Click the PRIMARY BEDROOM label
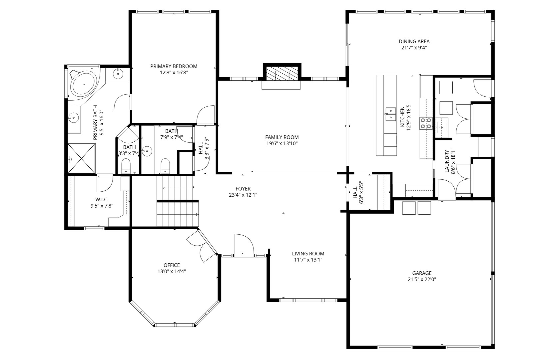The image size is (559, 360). (x=174, y=66)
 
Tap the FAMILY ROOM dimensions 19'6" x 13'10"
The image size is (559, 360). (x=282, y=144)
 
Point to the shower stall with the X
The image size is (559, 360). (x=81, y=158)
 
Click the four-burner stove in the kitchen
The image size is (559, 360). (x=426, y=124)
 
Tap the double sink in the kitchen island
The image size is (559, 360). (x=390, y=114)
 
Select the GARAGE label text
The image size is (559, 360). (x=422, y=273)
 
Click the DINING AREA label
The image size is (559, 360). (x=414, y=41)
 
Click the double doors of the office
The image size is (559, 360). (x=202, y=246)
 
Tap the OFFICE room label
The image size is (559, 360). (x=172, y=265)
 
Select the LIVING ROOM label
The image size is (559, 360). (x=308, y=254)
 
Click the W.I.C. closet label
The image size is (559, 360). (x=102, y=199)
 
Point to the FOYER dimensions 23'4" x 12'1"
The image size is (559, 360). (x=243, y=195)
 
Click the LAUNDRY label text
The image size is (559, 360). (x=447, y=161)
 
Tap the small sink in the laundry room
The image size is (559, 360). (x=442, y=128)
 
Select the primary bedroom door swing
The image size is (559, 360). (x=206, y=114)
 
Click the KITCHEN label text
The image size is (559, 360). (x=402, y=117)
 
